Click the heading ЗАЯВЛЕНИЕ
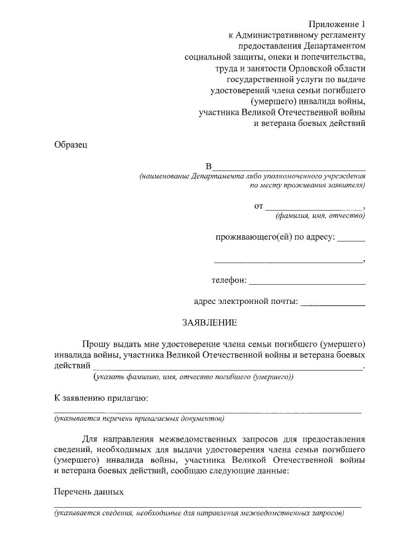[x=209, y=323]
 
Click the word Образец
[x=71, y=145]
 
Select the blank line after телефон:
[x=307, y=283]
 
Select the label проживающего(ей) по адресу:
[x=275, y=237]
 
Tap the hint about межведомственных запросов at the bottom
[x=198, y=514]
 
